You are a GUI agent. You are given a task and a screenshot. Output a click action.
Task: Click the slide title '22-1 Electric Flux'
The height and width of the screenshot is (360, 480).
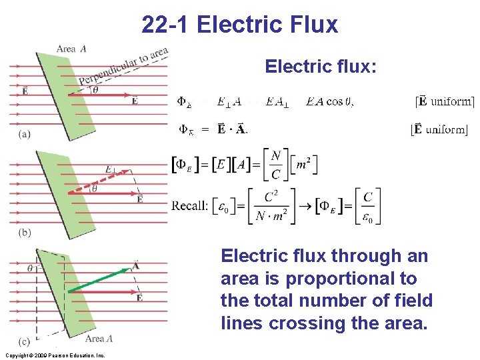240,25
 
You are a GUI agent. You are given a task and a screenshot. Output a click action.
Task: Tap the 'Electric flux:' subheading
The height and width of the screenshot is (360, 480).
321,67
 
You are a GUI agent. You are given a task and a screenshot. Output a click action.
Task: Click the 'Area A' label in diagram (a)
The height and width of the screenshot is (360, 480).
71,49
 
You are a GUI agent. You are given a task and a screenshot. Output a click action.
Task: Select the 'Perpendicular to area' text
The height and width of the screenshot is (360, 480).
123,67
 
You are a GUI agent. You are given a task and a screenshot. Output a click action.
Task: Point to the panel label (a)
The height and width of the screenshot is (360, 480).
24,133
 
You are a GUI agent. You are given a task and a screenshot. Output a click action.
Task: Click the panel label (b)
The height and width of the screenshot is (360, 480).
24,233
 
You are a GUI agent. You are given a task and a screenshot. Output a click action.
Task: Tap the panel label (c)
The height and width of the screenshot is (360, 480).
24,342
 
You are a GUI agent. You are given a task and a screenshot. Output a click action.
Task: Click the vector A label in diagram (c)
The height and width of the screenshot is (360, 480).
135,265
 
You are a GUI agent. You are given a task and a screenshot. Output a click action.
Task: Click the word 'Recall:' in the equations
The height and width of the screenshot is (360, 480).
189,205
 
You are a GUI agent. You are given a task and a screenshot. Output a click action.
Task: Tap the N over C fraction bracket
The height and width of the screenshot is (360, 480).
275,165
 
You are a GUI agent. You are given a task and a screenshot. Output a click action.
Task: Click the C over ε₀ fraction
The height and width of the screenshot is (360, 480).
367,207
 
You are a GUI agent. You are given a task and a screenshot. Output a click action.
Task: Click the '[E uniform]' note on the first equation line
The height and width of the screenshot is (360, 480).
445,101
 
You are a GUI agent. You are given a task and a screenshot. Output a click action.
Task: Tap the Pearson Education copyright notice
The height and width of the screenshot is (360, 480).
54,355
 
